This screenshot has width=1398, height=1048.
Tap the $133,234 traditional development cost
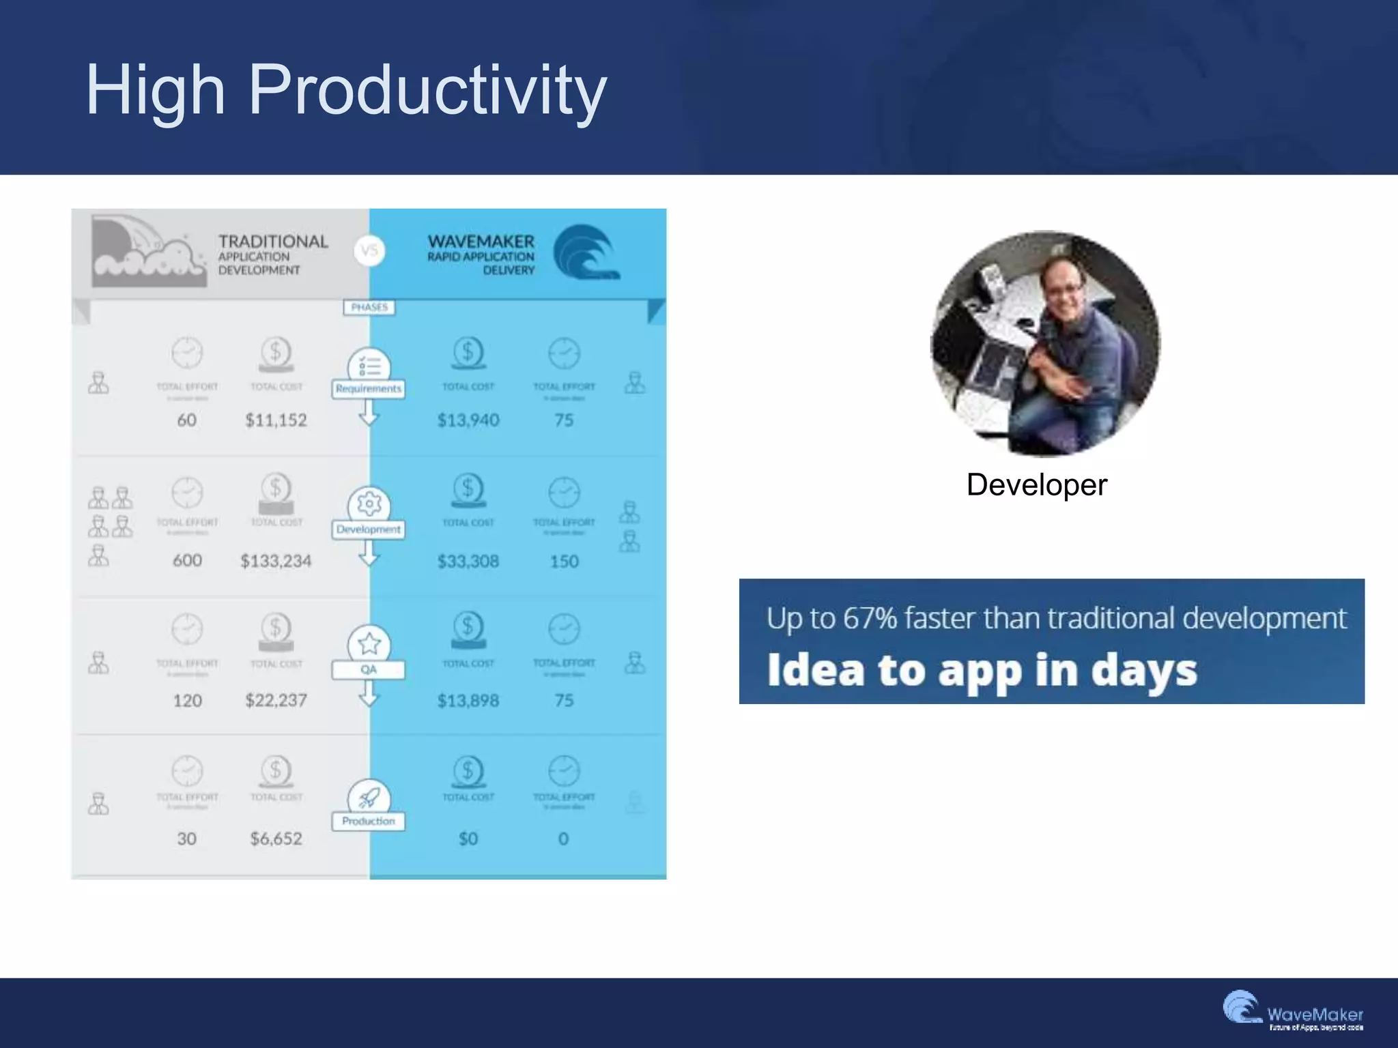pyautogui.click(x=276, y=561)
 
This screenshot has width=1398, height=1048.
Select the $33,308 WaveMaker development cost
pyautogui.click(x=468, y=561)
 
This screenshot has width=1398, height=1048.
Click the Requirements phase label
pyautogui.click(x=369, y=389)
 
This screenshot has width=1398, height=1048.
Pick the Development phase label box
pyautogui.click(x=369, y=529)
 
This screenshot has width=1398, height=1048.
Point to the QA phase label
pyautogui.click(x=369, y=669)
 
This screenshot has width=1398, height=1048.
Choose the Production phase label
pyautogui.click(x=369, y=821)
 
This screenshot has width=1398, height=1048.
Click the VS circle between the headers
pyautogui.click(x=369, y=250)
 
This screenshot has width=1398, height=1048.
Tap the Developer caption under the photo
pyautogui.click(x=1036, y=485)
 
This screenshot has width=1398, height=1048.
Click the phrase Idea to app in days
pyautogui.click(x=982, y=670)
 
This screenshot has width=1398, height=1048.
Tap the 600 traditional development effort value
pyautogui.click(x=187, y=561)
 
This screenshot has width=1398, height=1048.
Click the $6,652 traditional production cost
pyautogui.click(x=276, y=839)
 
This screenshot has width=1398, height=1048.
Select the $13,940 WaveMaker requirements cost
pyautogui.click(x=468, y=420)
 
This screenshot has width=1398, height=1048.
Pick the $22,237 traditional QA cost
pyautogui.click(x=276, y=701)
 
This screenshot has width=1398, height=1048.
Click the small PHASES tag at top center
pyautogui.click(x=369, y=308)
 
